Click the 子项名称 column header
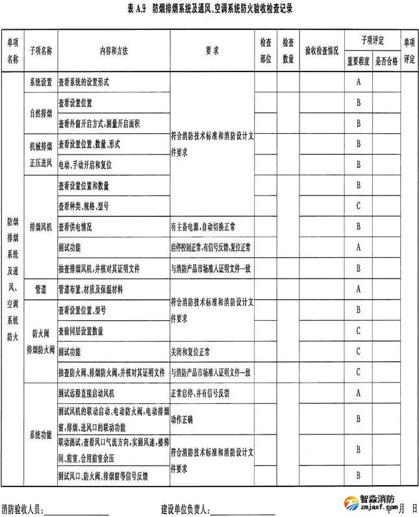point(40,50)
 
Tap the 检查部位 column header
point(265,50)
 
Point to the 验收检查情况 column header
point(321,50)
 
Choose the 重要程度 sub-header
point(358,61)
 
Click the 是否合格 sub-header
point(386,61)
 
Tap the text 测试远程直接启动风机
point(86,393)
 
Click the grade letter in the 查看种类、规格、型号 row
point(358,206)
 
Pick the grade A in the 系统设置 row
point(358,82)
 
